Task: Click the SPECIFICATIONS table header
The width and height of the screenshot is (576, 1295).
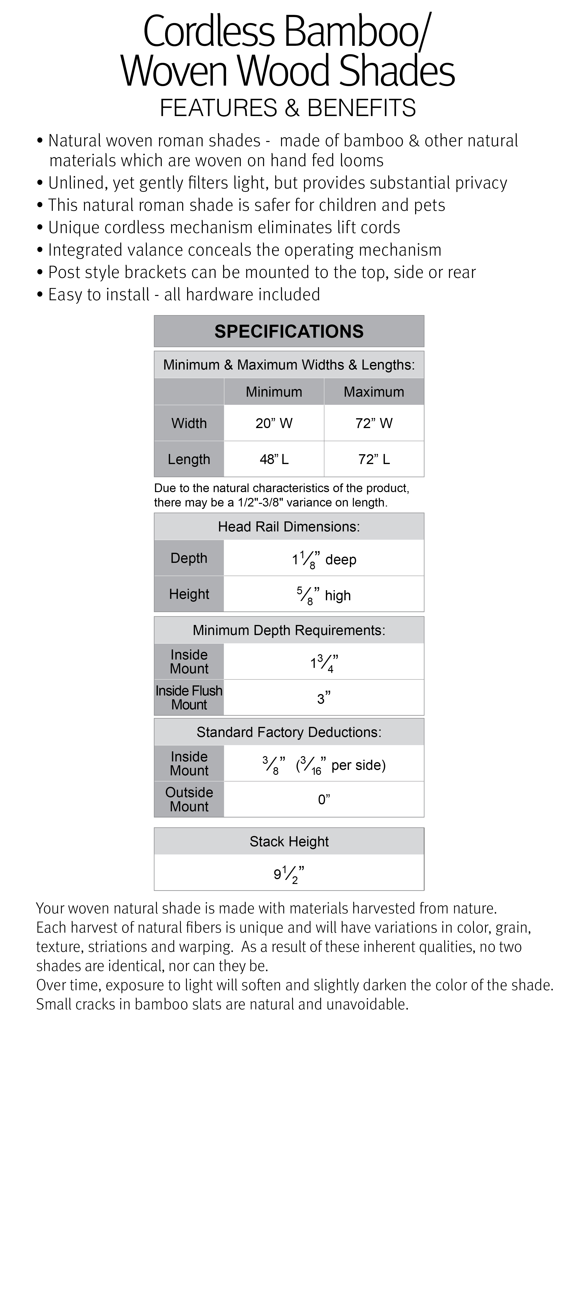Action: [x=289, y=331]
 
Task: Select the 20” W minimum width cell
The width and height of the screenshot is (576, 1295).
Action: [x=274, y=423]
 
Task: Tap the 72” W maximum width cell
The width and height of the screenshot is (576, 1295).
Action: [x=374, y=423]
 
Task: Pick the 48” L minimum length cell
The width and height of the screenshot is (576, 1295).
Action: [x=274, y=459]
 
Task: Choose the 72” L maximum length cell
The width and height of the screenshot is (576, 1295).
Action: [x=374, y=459]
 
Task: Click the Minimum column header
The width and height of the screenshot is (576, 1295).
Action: [x=274, y=392]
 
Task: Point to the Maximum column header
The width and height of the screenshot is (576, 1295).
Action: [x=374, y=392]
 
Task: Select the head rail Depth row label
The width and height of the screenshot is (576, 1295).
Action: [x=189, y=558]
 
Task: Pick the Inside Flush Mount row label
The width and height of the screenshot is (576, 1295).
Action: [x=189, y=697]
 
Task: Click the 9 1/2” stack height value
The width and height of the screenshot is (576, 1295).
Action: [x=289, y=874]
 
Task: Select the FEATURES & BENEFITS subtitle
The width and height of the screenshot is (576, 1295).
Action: [x=288, y=108]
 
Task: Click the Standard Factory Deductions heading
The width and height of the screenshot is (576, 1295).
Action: [x=289, y=732]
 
